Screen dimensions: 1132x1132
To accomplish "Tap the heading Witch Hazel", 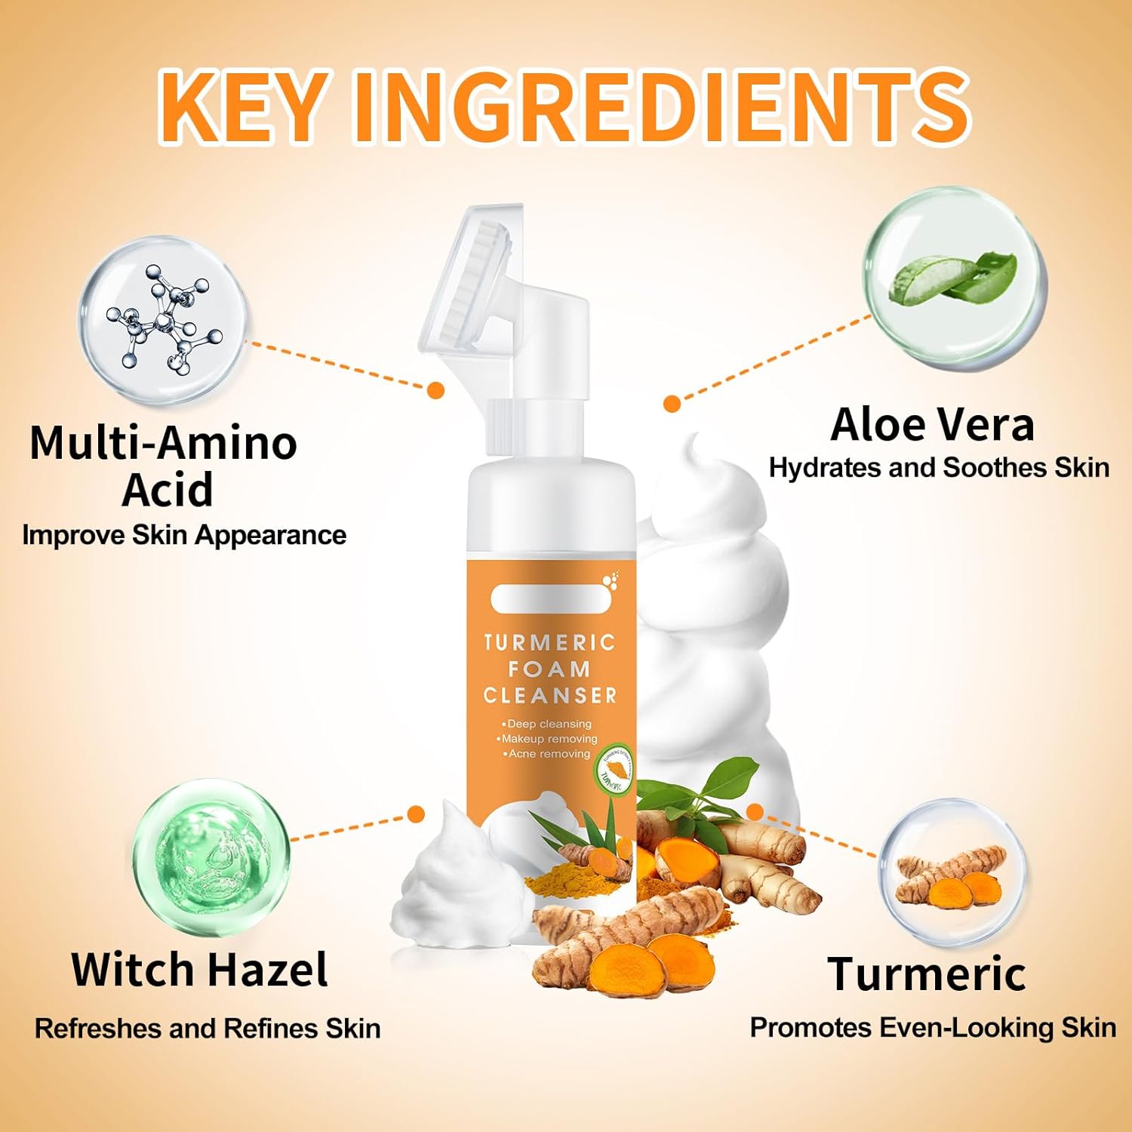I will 200,970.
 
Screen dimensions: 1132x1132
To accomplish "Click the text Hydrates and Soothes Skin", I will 939,468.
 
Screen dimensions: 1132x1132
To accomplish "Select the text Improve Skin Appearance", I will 184,535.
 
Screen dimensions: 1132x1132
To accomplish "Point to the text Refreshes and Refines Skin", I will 208,1029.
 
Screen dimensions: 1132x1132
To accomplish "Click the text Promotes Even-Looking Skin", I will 933,1028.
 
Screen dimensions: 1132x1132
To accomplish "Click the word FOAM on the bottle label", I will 549,669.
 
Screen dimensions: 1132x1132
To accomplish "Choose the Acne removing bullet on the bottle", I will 549,754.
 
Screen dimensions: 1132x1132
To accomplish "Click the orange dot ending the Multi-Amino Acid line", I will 435,389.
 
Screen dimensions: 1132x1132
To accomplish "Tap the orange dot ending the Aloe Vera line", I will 672,404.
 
